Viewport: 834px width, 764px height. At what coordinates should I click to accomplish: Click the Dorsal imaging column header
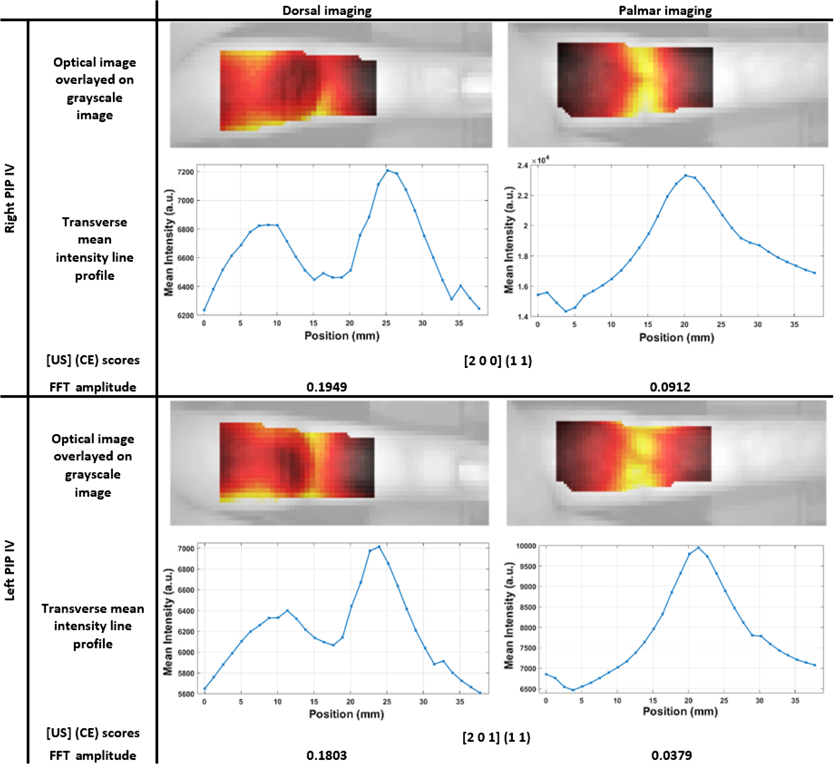click(327, 10)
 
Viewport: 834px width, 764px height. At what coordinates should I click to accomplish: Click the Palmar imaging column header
click(665, 10)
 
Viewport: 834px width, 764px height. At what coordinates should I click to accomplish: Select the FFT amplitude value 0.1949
click(327, 387)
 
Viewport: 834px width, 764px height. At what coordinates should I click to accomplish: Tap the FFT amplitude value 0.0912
click(670, 387)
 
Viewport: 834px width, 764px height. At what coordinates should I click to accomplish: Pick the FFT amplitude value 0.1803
click(327, 755)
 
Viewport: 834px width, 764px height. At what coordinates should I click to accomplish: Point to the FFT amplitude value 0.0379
click(671, 755)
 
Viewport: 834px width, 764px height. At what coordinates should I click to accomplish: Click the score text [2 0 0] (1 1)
click(498, 361)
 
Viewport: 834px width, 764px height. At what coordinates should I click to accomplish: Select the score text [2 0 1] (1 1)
click(496, 737)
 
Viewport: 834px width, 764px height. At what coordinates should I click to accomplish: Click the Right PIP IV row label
click(10, 198)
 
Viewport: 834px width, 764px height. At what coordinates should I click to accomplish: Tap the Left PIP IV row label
click(10, 571)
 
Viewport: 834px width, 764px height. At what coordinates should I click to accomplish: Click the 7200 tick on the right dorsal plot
click(186, 172)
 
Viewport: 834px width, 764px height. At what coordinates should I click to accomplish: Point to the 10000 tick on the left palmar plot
click(526, 546)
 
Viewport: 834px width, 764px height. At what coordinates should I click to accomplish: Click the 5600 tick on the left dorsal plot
click(186, 694)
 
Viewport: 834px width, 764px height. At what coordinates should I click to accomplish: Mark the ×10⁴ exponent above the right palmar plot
click(540, 160)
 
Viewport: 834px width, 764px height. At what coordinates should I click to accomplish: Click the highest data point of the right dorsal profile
click(387, 170)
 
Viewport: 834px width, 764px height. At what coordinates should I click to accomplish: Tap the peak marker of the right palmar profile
click(685, 176)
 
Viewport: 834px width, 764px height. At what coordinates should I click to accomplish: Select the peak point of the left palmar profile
click(698, 547)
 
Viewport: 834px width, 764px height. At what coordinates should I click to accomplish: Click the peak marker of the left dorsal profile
click(379, 547)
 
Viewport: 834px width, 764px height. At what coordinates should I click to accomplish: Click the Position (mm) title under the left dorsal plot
click(347, 714)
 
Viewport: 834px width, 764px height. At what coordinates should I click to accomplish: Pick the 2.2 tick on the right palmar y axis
click(522, 195)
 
